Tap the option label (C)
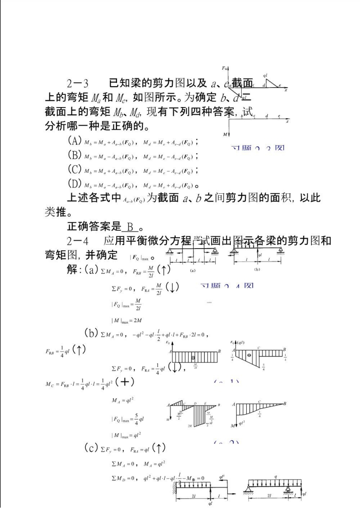point(74,170)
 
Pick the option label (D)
point(74,184)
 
